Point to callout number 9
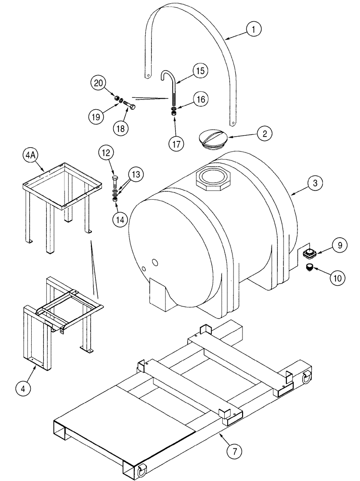(339, 245)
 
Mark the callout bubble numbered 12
(107, 153)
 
